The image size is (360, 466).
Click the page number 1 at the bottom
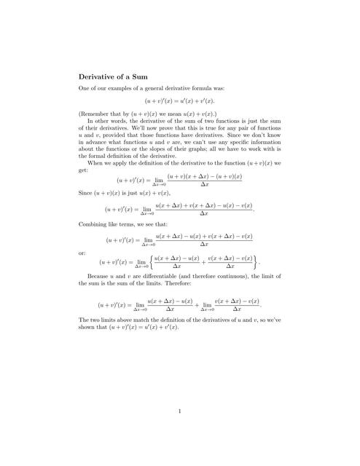[179, 411]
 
